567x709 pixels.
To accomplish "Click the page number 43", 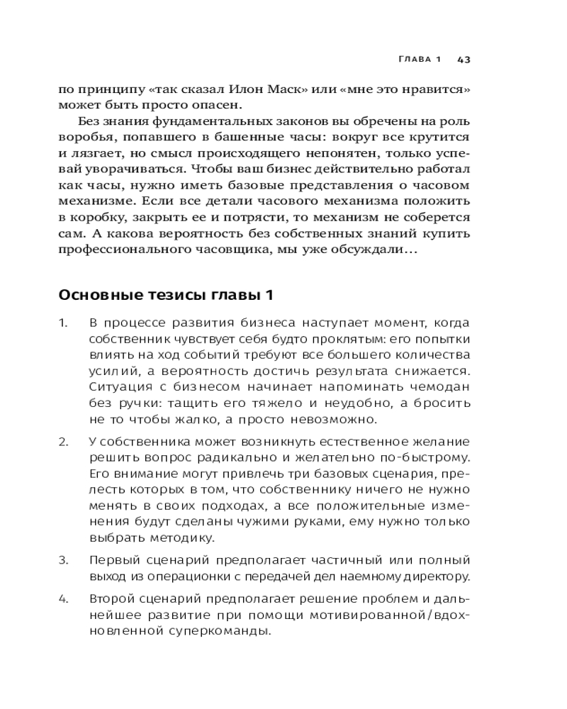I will click(x=464, y=60).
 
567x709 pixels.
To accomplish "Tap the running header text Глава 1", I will click(x=420, y=60).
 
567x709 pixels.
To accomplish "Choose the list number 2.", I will click(x=62, y=442).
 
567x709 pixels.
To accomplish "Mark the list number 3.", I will click(x=62, y=560).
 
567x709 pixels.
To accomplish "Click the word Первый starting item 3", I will click(x=116, y=560).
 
